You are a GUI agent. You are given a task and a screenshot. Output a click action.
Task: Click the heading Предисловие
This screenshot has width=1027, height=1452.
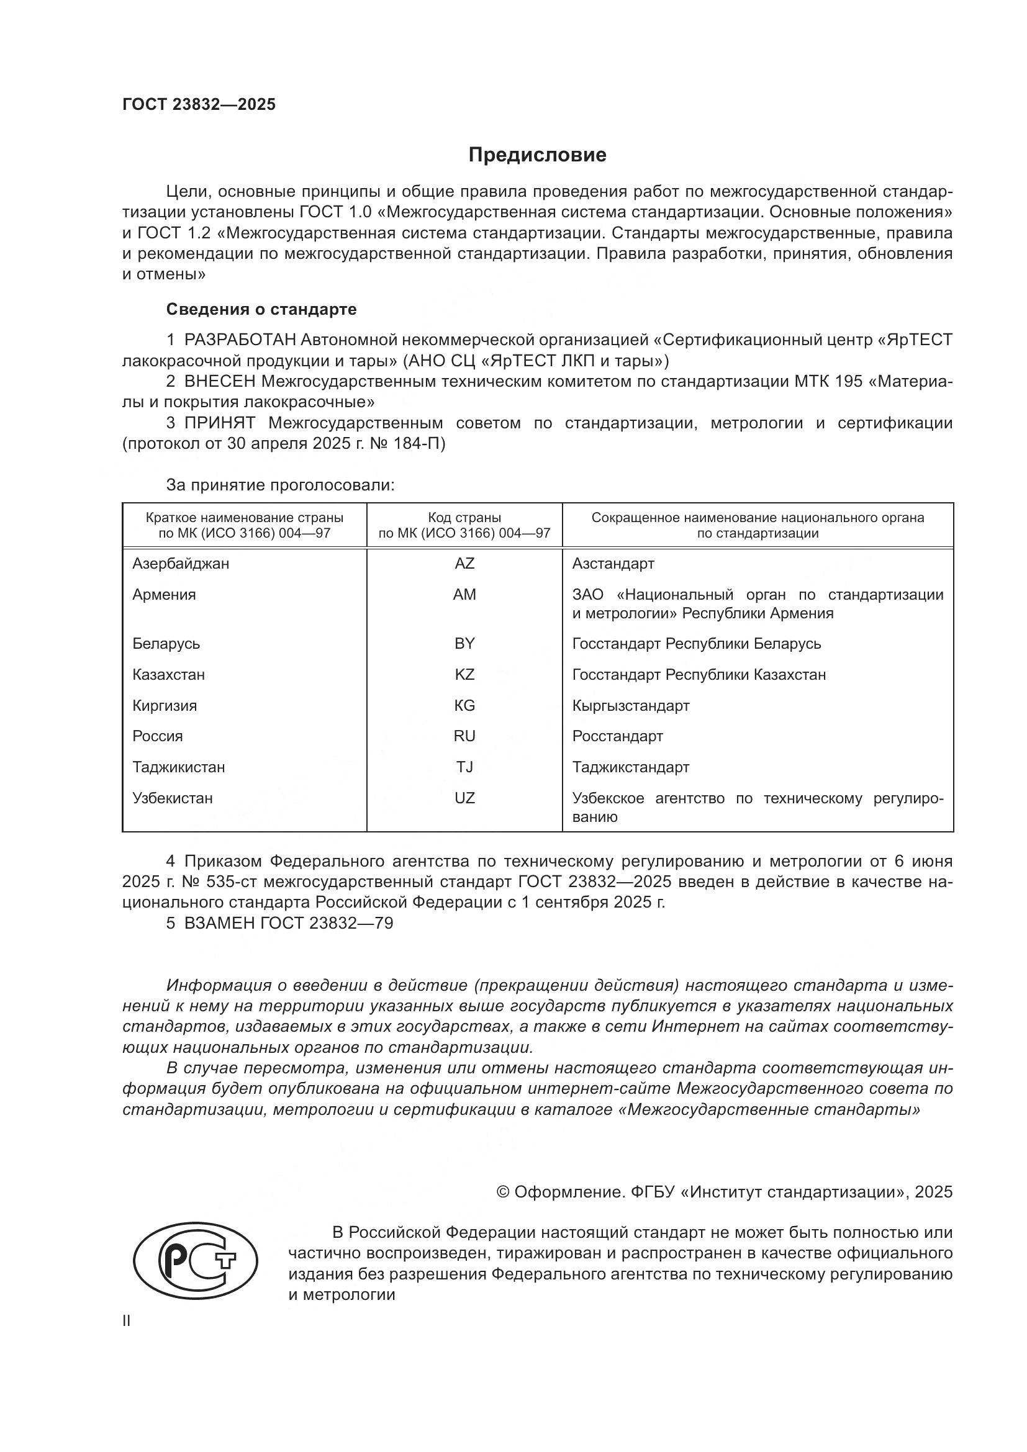pyautogui.click(x=537, y=155)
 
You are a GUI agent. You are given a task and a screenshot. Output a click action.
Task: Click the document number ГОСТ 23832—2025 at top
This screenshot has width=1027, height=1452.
pyautogui.click(x=199, y=105)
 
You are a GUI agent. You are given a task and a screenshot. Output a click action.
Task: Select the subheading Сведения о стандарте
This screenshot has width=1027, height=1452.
pyautogui.click(x=261, y=309)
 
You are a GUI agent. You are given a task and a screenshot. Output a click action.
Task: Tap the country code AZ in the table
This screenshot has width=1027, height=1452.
pyautogui.click(x=464, y=564)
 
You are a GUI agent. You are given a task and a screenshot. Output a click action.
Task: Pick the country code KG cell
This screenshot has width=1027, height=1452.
pyautogui.click(x=464, y=705)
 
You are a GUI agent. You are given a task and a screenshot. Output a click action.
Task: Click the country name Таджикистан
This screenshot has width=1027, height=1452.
pyautogui.click(x=178, y=767)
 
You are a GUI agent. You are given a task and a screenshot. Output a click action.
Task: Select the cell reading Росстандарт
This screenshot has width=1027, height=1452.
pyautogui.click(x=617, y=736)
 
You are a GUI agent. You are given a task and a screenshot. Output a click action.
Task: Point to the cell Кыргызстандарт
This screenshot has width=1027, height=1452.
pyautogui.click(x=630, y=705)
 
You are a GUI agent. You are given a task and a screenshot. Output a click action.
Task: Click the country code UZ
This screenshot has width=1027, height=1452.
pyautogui.click(x=464, y=798)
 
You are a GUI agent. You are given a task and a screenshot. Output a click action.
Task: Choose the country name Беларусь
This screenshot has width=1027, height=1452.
pyautogui.click(x=166, y=644)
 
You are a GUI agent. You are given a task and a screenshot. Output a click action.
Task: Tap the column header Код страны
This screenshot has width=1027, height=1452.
pyautogui.click(x=464, y=518)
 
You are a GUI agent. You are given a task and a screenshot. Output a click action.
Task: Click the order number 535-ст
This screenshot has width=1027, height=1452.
pyautogui.click(x=232, y=882)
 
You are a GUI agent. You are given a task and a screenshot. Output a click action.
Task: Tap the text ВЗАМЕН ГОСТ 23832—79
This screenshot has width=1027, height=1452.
pyautogui.click(x=288, y=923)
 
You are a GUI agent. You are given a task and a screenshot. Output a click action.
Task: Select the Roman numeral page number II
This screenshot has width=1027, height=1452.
pyautogui.click(x=127, y=1321)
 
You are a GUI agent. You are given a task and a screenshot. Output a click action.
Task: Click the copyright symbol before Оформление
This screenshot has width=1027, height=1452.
pyautogui.click(x=503, y=1192)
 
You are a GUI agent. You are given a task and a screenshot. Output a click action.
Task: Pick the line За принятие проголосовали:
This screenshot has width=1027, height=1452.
pyautogui.click(x=280, y=485)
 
